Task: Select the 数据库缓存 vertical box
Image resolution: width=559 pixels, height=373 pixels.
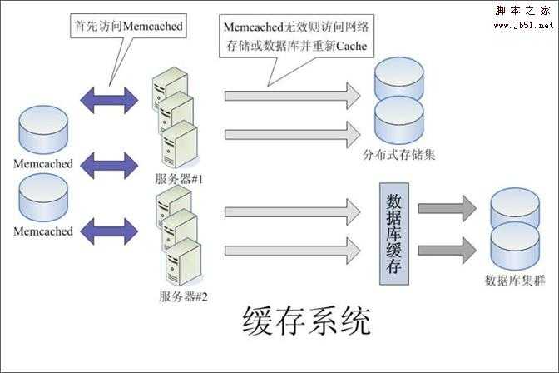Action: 395,231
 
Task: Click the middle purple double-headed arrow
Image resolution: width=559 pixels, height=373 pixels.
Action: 107,163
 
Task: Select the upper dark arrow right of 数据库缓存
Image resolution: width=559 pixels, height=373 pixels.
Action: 447,208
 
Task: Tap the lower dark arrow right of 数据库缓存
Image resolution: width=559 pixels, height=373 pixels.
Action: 447,250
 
